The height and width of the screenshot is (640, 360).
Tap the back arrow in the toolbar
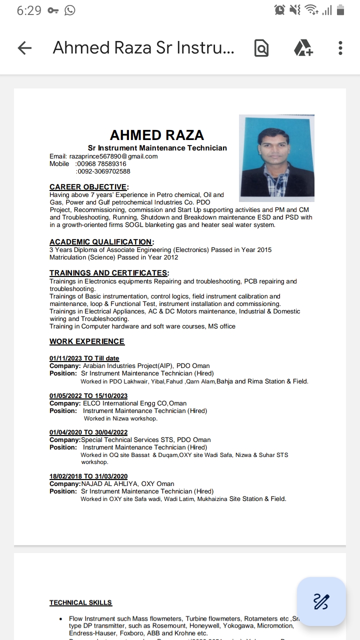click(24, 48)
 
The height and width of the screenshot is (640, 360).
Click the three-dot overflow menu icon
click(340, 48)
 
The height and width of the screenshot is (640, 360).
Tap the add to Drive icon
click(302, 48)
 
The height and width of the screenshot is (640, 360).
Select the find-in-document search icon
click(261, 48)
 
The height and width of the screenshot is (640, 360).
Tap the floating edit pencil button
click(321, 601)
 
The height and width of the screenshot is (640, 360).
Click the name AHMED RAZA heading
click(157, 135)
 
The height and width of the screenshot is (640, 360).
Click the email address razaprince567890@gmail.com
click(113, 156)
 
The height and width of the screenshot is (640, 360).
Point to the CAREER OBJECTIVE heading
click(88, 187)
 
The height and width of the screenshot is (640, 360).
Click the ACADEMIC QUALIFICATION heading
click(101, 242)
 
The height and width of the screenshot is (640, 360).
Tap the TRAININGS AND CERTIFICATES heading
click(108, 273)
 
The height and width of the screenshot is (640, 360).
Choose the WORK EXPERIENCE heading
click(87, 341)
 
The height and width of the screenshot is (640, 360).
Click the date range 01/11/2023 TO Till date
click(84, 358)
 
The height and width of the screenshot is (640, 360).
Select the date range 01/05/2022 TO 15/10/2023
click(88, 395)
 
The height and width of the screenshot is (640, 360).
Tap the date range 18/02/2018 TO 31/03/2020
click(88, 476)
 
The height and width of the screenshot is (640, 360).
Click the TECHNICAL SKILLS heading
click(80, 602)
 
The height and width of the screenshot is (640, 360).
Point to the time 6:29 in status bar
click(29, 10)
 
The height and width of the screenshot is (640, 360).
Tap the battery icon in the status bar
click(340, 10)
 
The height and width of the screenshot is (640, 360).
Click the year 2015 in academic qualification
click(264, 249)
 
